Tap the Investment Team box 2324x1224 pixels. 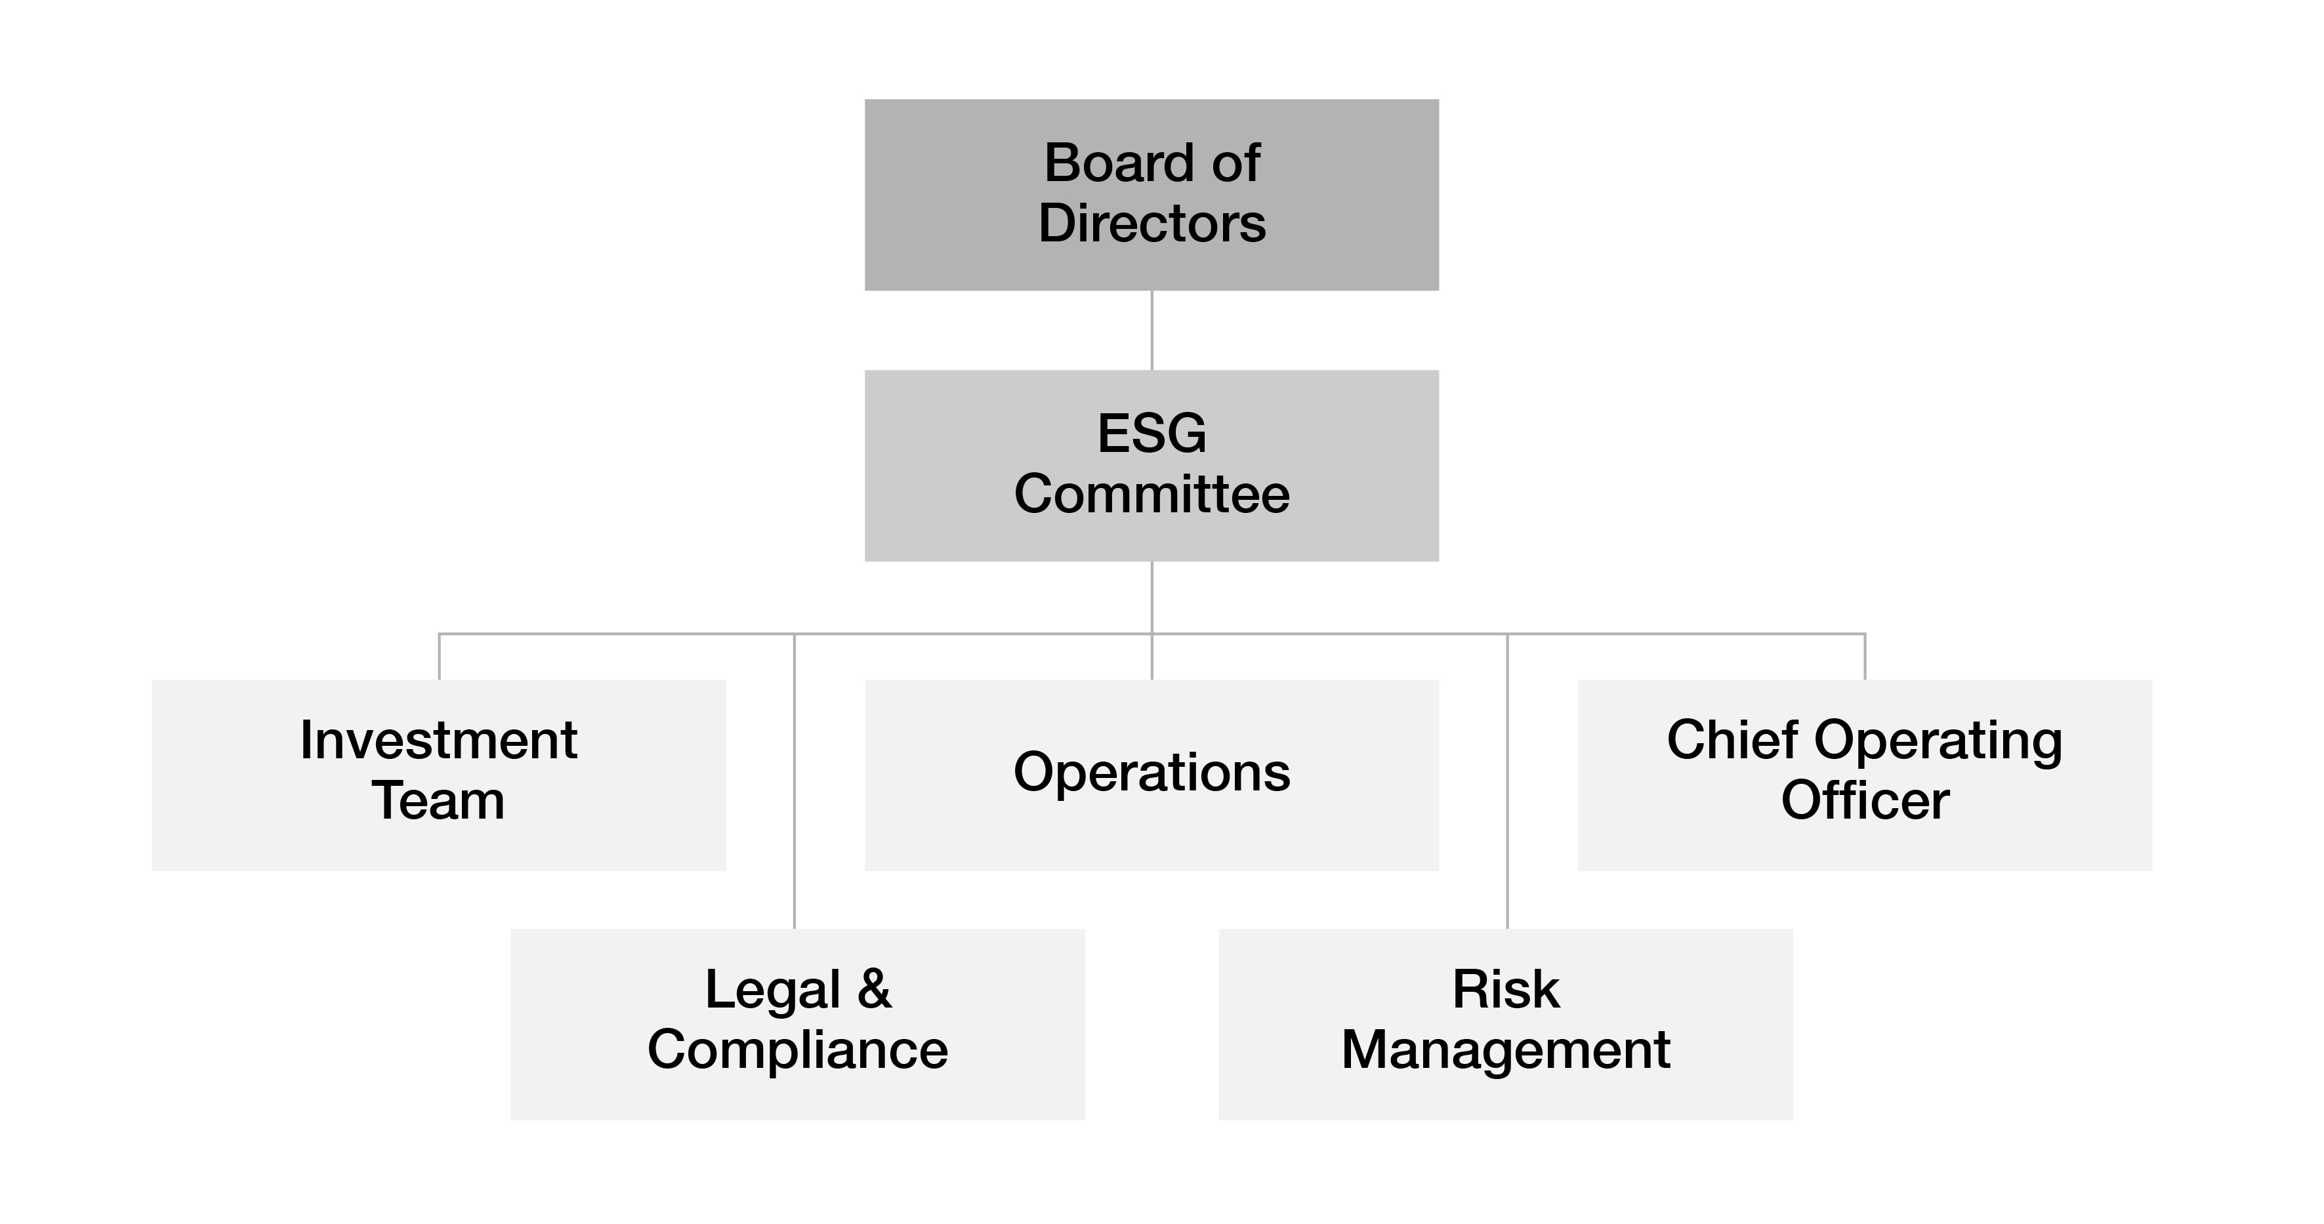click(x=438, y=775)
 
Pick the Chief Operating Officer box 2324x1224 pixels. click(x=1865, y=775)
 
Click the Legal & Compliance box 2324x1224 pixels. click(x=798, y=1025)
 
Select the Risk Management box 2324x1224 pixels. click(x=1506, y=1025)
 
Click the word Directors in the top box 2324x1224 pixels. click(x=1152, y=223)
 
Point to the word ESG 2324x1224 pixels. click(x=1152, y=433)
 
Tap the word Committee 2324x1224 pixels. click(x=1152, y=495)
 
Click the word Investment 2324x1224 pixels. click(x=438, y=741)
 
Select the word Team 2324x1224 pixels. click(x=438, y=801)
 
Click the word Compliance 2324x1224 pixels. click(x=798, y=1051)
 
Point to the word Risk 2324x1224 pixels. click(x=1506, y=989)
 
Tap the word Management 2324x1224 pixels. click(x=1506, y=1051)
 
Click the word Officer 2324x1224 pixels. click(x=1865, y=801)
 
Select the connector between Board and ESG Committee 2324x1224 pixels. click(x=1152, y=330)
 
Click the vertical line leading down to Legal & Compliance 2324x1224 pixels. click(x=794, y=781)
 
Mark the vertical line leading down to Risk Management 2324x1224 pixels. click(x=1508, y=781)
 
